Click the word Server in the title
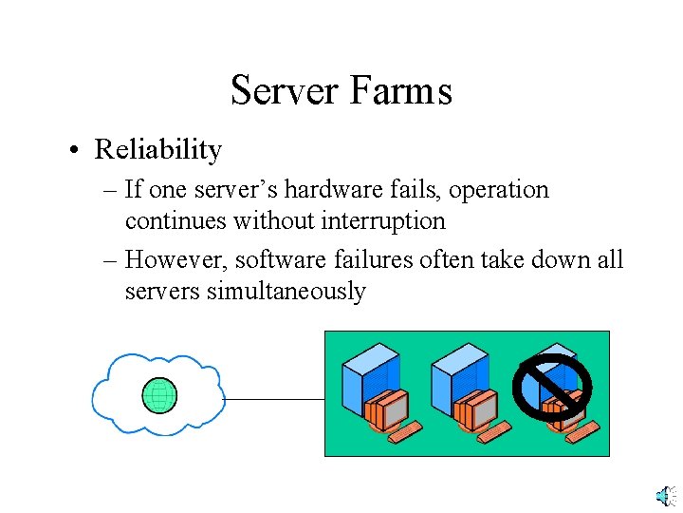coord(286,91)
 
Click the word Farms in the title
coord(400,91)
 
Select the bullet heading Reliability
coord(158,150)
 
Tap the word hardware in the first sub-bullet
coord(331,189)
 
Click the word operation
coord(499,190)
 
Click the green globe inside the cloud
coord(159,395)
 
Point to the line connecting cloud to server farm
coord(275,400)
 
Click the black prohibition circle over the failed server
coord(552,388)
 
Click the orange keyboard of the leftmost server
coord(404,432)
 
